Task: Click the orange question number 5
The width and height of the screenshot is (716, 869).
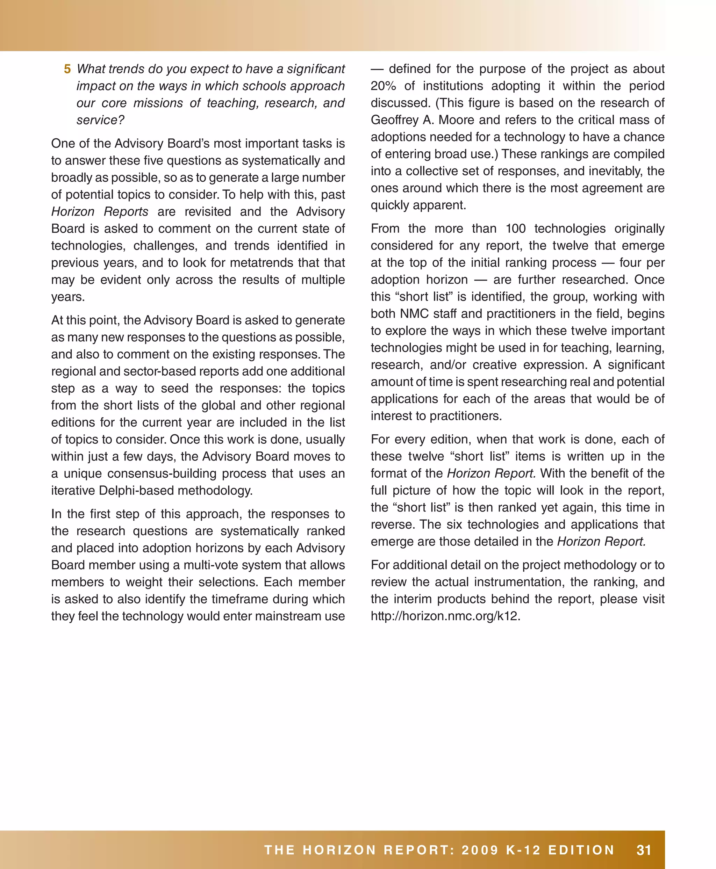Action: click(x=67, y=69)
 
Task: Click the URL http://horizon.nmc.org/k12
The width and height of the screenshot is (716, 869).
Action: click(x=445, y=616)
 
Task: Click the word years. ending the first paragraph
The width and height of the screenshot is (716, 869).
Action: click(x=67, y=297)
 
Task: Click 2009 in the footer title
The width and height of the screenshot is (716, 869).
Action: click(x=480, y=850)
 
